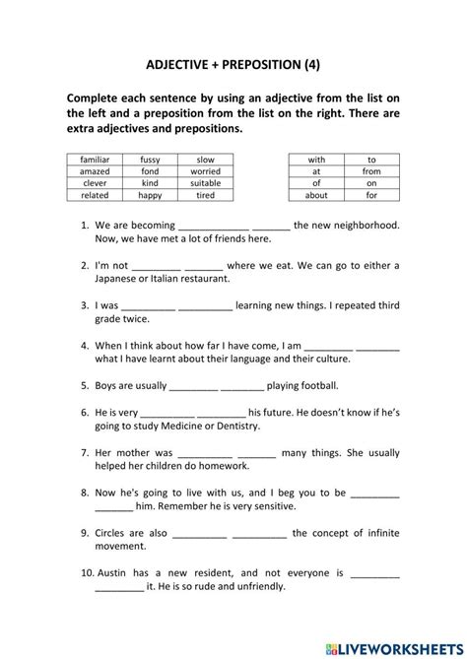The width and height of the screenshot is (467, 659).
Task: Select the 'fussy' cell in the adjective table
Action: (x=150, y=159)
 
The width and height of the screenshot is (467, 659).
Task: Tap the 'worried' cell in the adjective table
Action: (x=205, y=170)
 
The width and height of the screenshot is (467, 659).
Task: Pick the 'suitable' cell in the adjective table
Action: (x=205, y=182)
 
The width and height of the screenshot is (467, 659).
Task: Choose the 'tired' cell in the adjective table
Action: (x=205, y=194)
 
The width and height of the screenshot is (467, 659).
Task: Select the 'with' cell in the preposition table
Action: (x=316, y=159)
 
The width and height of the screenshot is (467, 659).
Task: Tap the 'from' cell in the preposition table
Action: (x=371, y=170)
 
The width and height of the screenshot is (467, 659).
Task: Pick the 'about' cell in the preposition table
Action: (x=316, y=194)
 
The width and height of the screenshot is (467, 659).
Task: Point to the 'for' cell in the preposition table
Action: (x=371, y=194)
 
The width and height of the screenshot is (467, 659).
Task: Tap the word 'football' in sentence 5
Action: (x=315, y=385)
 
